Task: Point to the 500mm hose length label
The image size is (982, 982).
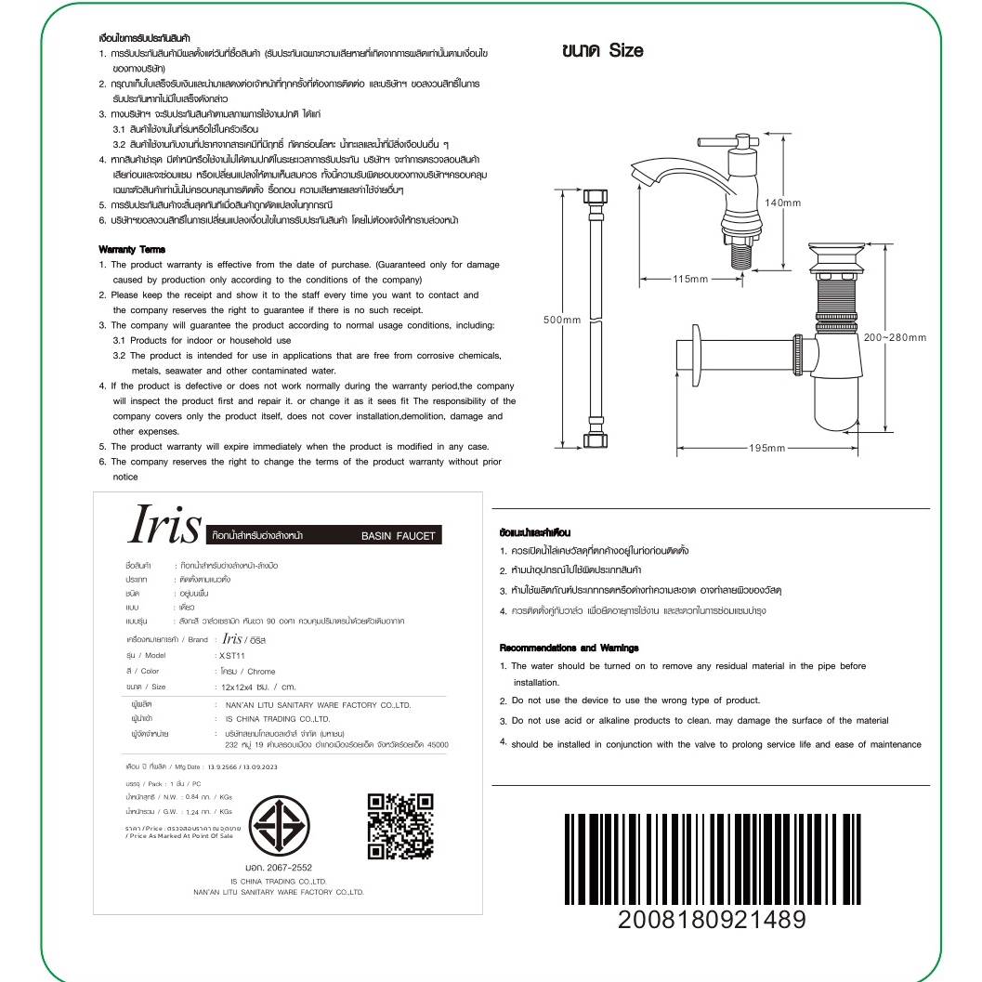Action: tap(562, 320)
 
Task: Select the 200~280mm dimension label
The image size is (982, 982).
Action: tap(895, 337)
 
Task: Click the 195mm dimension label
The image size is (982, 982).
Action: tap(766, 449)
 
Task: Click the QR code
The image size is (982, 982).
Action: tap(401, 827)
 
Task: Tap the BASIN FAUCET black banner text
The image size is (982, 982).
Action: tap(398, 536)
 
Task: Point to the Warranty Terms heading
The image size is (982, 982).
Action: tap(132, 250)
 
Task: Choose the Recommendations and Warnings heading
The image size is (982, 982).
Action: tap(569, 647)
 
